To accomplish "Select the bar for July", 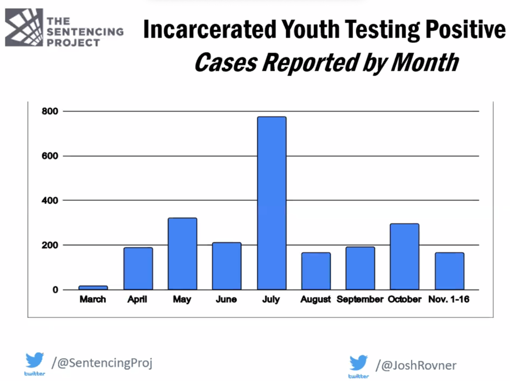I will point(271,203).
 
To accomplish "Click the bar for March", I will point(93,288).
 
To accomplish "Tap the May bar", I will point(182,253).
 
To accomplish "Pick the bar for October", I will point(404,256).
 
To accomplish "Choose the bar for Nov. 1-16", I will point(449,271).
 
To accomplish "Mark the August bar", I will point(316,271).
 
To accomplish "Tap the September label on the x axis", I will point(359,300).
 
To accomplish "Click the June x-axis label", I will point(226,300).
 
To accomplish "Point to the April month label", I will point(137,300).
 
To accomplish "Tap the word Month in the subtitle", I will point(424,62).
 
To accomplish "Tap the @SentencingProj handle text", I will point(102,362).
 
